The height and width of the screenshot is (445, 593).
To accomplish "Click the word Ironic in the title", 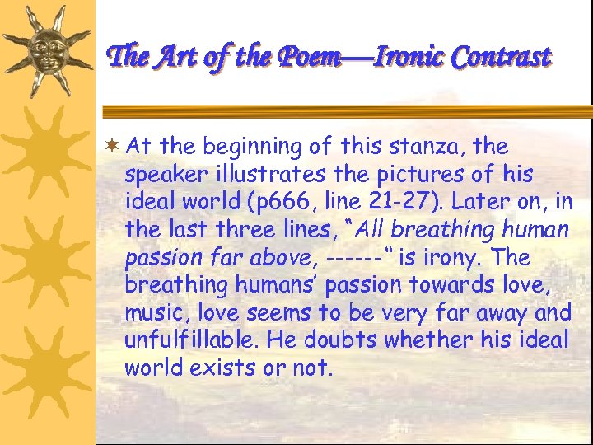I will [x=408, y=57].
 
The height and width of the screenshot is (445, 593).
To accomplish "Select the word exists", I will [x=224, y=368].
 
